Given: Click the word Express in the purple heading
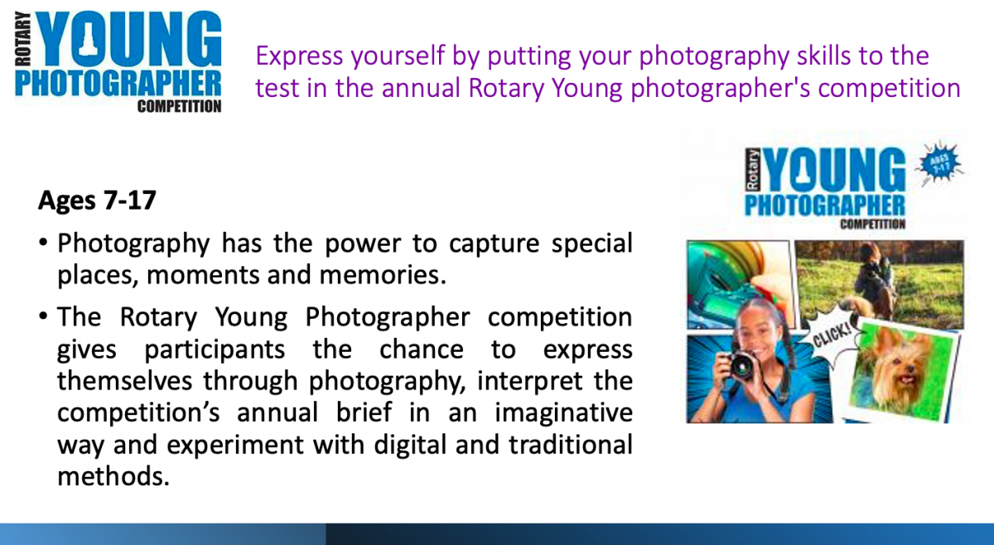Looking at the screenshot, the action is point(299,57).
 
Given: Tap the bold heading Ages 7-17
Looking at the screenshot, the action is point(97,200).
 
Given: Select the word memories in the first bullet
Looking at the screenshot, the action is point(383,275).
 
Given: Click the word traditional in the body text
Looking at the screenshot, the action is point(570,445).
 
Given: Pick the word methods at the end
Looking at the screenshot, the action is point(113,476).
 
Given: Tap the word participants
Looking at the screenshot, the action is point(215,350).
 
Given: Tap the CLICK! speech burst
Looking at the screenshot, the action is point(831,339).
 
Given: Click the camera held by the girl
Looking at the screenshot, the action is point(741,365).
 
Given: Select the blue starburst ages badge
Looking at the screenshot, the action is point(940,163).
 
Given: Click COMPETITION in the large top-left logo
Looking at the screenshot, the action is point(179,107).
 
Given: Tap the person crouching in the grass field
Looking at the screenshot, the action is point(870,280).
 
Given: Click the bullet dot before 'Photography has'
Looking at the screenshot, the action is point(43,243).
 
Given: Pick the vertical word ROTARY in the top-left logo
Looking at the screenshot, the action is point(23,39).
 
